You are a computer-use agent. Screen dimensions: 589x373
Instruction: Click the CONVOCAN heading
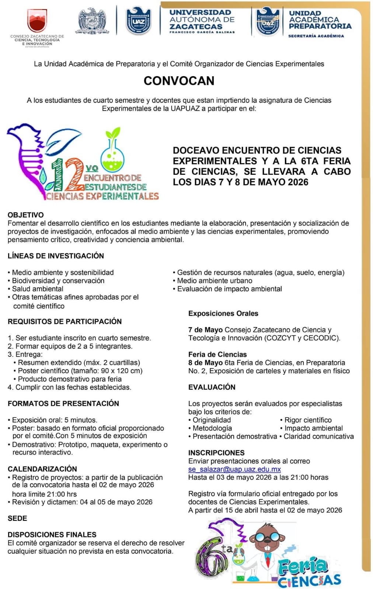(x=179, y=81)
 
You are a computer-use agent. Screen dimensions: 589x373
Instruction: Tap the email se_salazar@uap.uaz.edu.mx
(x=234, y=469)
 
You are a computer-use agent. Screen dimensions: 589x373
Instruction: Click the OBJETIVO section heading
(x=26, y=215)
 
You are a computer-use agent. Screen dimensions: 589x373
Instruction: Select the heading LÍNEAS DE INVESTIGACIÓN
(x=56, y=256)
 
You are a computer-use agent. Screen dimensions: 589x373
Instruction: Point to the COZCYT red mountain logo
(x=37, y=21)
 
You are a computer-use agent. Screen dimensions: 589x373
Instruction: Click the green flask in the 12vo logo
(x=112, y=154)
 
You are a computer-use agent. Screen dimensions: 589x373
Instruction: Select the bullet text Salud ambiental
(x=38, y=289)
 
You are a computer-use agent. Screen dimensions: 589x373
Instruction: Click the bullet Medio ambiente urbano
(x=215, y=281)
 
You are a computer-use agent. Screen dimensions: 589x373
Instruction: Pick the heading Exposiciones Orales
(x=223, y=314)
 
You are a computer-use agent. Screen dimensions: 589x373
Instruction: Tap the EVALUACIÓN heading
(x=212, y=387)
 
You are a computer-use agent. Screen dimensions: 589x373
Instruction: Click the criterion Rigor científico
(x=308, y=420)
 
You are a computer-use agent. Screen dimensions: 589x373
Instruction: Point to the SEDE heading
(x=17, y=518)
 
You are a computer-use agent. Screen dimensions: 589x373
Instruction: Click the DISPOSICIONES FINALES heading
(x=52, y=535)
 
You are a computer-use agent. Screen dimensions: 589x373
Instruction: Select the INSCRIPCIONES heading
(x=216, y=453)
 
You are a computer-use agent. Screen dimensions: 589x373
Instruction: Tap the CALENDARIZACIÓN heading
(x=42, y=469)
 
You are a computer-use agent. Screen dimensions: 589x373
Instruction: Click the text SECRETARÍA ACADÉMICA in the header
(x=316, y=36)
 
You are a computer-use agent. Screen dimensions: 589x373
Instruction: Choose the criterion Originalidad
(x=212, y=420)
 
